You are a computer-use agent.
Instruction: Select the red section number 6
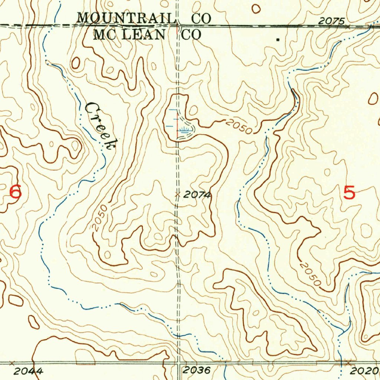(15, 192)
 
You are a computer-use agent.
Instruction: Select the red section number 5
(349, 193)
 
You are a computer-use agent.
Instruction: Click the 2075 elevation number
(331, 22)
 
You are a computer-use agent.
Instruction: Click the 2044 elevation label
(28, 371)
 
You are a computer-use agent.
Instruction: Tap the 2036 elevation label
(197, 370)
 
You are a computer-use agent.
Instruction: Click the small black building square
(278, 39)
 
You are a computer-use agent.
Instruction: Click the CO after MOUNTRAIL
(201, 17)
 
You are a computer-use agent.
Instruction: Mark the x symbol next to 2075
(348, 27)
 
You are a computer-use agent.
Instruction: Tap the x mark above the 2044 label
(12, 362)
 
